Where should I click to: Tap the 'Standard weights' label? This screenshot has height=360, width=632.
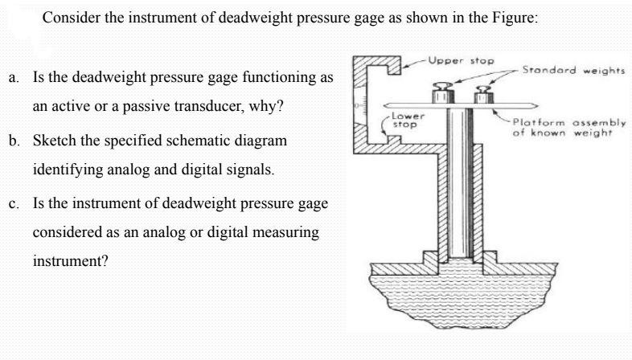point(572,70)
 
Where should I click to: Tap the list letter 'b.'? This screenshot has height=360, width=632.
point(15,140)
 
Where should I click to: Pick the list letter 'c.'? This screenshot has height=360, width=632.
point(15,202)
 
